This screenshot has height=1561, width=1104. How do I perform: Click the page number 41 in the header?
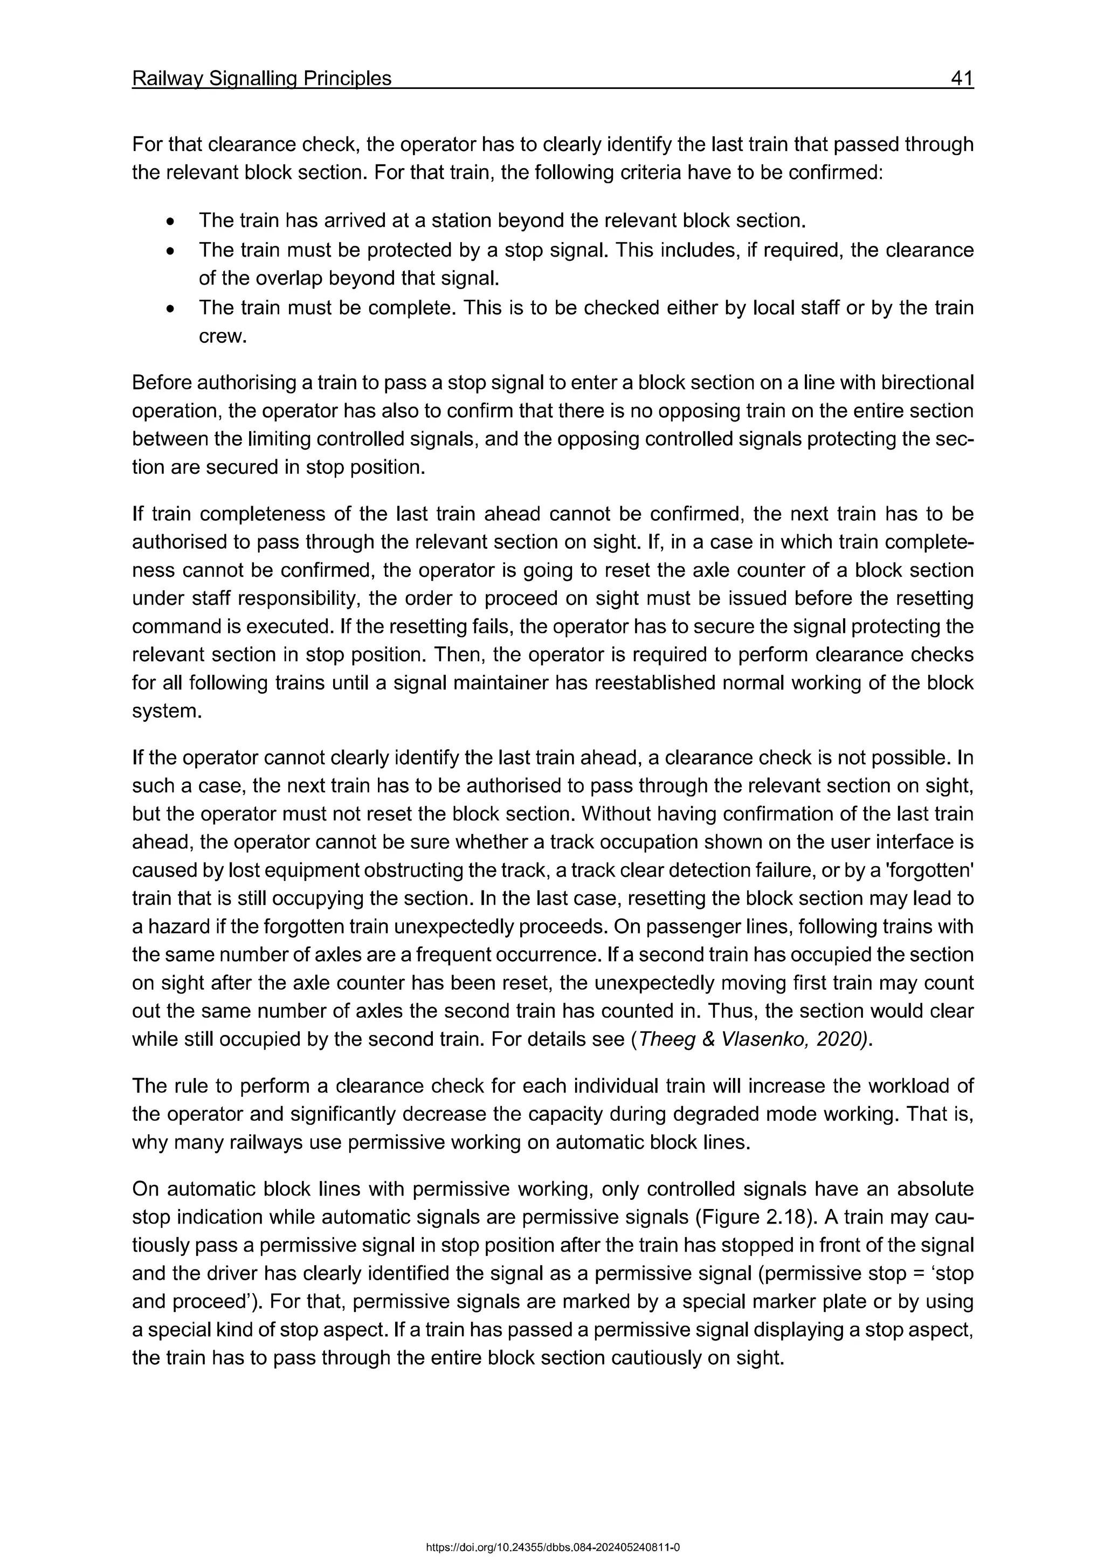962,79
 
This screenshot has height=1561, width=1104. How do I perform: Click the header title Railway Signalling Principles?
262,79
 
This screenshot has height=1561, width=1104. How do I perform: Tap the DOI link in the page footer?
552,1548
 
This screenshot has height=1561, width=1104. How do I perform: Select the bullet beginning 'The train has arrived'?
502,220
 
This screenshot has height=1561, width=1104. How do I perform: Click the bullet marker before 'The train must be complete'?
171,309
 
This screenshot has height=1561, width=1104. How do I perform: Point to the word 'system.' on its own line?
167,711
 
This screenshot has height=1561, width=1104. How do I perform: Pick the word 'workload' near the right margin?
901,1087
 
